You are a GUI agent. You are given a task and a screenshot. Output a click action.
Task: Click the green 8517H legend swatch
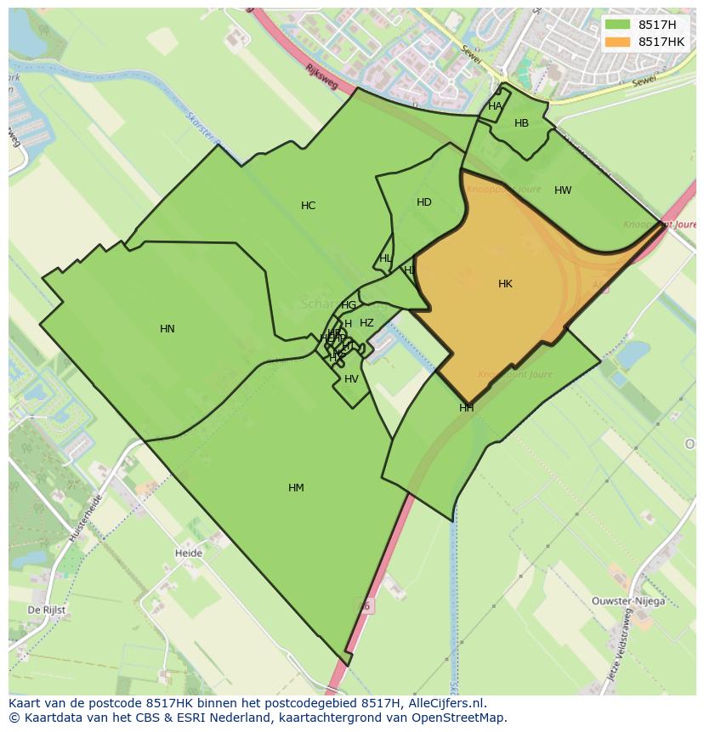point(618,24)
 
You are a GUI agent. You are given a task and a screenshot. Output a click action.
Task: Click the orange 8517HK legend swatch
point(618,42)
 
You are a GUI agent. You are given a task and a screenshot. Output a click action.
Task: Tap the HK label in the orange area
point(505,284)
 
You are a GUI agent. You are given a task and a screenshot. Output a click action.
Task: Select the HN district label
point(167,329)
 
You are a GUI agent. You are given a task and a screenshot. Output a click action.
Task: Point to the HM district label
point(296,488)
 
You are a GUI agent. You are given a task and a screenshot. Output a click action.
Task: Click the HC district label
point(308,206)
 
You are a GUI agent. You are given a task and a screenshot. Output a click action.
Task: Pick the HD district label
point(424,202)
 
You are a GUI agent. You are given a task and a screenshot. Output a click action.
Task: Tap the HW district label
point(563,190)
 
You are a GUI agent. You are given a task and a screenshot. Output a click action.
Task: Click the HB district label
point(521,123)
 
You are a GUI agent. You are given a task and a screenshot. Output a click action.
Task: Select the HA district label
point(495,106)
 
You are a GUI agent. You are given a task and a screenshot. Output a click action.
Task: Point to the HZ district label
point(366,323)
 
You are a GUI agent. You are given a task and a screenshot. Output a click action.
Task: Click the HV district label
point(351,379)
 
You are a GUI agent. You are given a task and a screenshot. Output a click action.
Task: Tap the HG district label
point(349,305)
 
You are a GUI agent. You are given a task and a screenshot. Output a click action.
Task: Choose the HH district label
point(467,408)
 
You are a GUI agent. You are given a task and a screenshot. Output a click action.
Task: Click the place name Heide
point(189,553)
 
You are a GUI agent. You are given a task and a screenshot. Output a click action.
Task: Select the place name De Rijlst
point(47,610)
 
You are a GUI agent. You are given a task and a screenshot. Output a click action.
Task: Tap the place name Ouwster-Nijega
point(627,601)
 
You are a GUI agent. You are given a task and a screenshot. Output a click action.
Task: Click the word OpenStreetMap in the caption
point(460,718)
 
